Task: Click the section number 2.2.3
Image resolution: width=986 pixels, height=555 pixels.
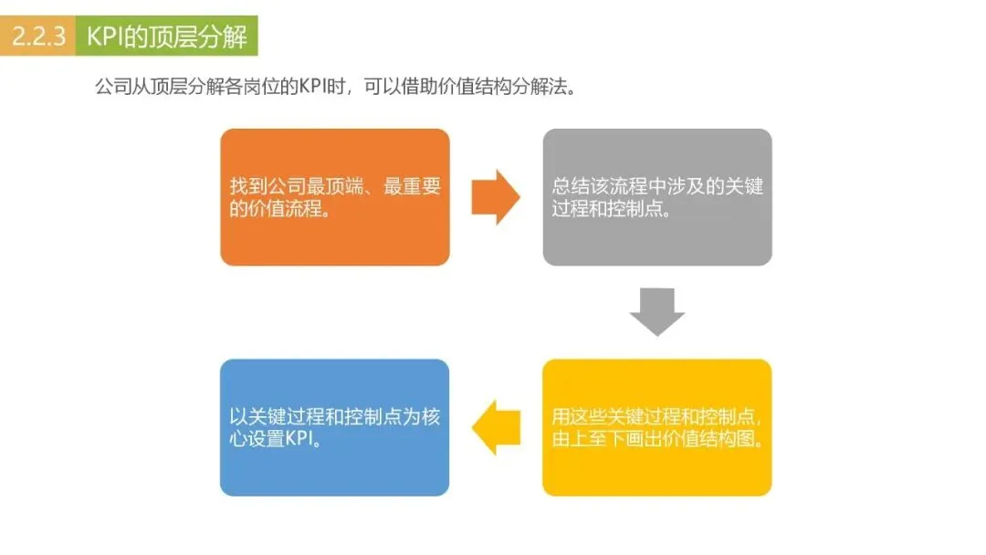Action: [x=39, y=37]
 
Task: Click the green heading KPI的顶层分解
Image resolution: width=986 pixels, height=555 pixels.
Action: [x=166, y=37]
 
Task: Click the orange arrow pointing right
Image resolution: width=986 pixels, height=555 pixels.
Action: [x=496, y=196]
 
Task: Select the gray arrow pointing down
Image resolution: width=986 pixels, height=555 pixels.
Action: [x=657, y=311]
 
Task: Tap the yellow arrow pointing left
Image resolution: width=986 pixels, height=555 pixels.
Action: [x=496, y=427]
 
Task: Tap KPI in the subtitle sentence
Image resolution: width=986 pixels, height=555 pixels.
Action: [x=315, y=87]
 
